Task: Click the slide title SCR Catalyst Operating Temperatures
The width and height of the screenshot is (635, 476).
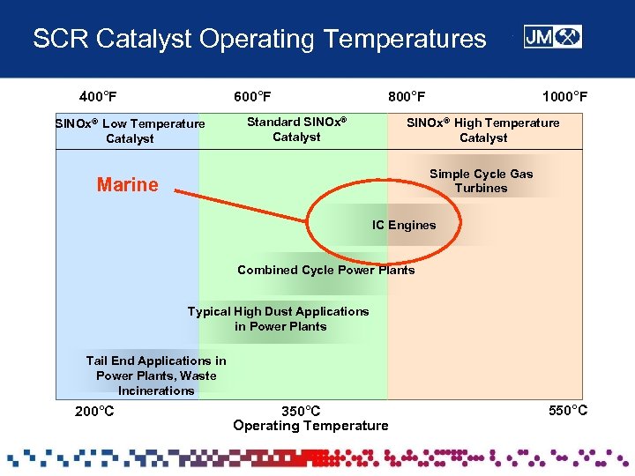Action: click(259, 39)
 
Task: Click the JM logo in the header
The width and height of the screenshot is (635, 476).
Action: click(552, 37)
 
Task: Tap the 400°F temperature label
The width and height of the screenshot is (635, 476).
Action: click(98, 96)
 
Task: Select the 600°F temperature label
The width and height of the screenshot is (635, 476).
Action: click(252, 96)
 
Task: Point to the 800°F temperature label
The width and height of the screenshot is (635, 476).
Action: click(407, 96)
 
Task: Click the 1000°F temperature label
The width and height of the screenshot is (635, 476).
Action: click(564, 96)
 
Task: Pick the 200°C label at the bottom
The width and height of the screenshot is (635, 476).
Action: click(94, 411)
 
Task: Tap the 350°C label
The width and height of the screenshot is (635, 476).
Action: click(301, 411)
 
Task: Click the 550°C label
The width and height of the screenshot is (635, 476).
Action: click(568, 410)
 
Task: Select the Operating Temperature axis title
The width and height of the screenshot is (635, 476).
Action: click(310, 426)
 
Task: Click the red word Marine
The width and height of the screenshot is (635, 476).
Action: click(128, 184)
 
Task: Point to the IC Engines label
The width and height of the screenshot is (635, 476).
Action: click(404, 225)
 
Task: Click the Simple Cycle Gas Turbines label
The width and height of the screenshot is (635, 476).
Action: click(482, 181)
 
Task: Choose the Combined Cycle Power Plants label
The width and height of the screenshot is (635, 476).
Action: click(325, 270)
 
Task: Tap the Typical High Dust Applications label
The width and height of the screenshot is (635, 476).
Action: click(279, 318)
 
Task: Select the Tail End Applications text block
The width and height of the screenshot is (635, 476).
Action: click(156, 375)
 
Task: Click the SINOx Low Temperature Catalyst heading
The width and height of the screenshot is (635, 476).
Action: click(130, 130)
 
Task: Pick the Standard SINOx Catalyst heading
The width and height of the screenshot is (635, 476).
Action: click(296, 129)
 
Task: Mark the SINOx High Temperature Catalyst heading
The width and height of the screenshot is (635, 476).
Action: click(482, 130)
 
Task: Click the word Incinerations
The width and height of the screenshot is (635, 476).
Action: click(156, 390)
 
